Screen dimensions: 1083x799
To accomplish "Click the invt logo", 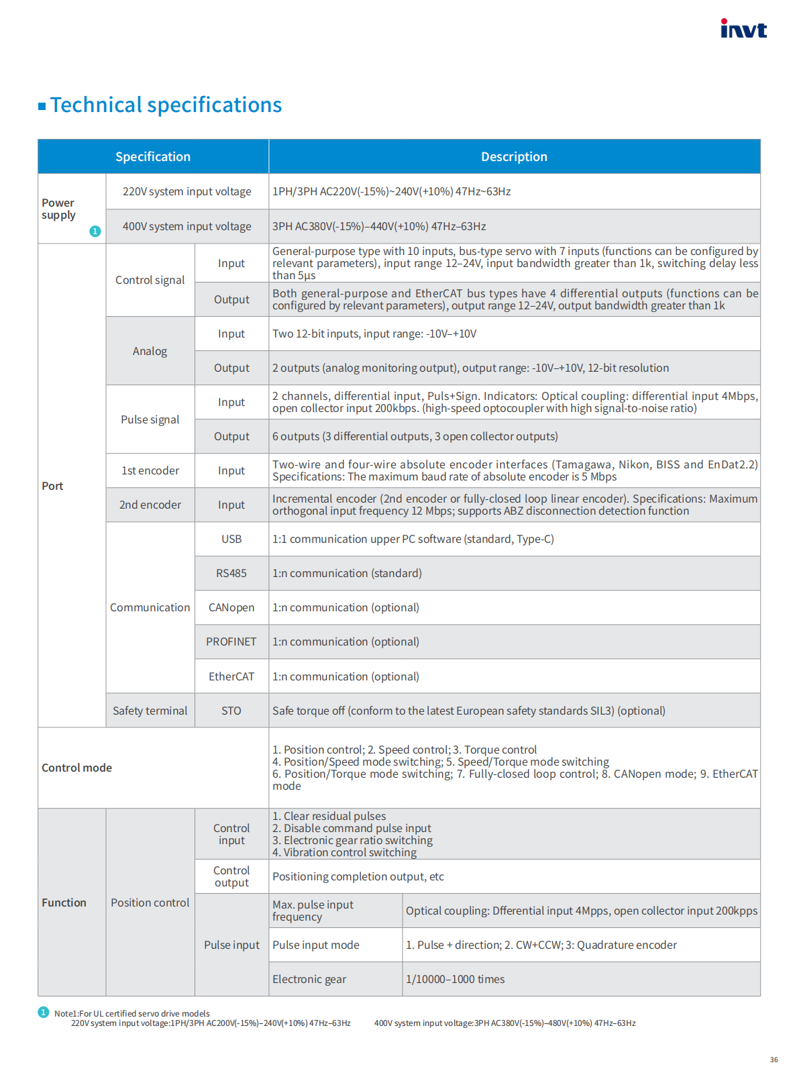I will [743, 29].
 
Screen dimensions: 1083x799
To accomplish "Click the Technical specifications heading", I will [166, 105].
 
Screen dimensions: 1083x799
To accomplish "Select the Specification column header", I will [153, 157].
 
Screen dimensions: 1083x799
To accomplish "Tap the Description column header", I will [514, 157].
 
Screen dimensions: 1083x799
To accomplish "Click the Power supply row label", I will [58, 209].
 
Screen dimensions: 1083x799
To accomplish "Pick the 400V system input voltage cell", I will [187, 227].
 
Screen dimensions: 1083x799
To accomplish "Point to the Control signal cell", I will [150, 280].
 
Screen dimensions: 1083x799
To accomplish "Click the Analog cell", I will [150, 352].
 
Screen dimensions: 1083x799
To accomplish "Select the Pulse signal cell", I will [150, 420].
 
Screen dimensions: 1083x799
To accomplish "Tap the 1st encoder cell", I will [150, 471].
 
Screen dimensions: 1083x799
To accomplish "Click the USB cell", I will [231, 539].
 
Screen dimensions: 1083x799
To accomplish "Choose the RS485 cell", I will [231, 574].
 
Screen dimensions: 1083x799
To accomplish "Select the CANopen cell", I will [231, 608].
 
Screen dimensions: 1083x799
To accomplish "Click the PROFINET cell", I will [231, 642].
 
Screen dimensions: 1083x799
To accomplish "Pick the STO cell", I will [231, 711].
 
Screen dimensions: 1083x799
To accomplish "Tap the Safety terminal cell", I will [150, 711].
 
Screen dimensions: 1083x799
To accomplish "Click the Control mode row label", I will [77, 768].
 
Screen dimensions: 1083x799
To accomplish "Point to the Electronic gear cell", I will [309, 980].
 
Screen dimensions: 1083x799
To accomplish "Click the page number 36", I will [774, 1060].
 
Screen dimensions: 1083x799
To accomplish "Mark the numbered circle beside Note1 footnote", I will [44, 1013].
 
